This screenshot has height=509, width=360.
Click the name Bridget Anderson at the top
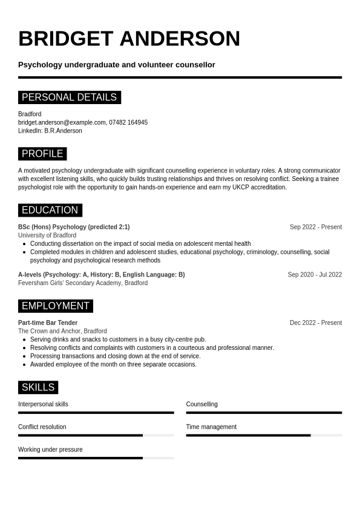129,39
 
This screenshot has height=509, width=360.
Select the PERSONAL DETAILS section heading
69,97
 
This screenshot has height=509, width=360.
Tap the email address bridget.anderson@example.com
62,122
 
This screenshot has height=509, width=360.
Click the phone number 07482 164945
128,122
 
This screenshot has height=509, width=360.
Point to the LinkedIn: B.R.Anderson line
50,131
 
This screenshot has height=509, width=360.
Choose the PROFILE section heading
42,154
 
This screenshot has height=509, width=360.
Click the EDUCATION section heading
50,210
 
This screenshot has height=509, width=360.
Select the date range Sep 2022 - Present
315,227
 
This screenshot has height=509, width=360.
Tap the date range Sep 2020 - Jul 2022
315,274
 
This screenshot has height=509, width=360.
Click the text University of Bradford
47,235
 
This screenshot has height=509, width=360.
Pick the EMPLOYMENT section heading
55,306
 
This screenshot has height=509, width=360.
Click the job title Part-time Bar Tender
48,323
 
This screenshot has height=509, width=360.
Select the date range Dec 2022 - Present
315,323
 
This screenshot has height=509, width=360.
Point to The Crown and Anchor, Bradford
62,331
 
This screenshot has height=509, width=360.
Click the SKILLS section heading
38,387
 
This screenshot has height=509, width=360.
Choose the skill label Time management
211,427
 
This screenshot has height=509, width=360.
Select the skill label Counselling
201,404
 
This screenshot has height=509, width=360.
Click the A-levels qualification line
101,274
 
